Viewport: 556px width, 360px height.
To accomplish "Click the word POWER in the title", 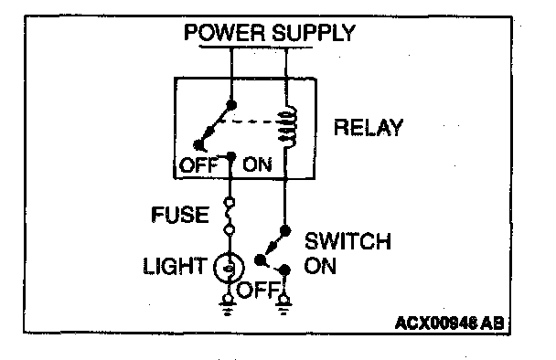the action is (x=224, y=33).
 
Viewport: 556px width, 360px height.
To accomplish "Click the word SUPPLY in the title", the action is (x=314, y=33).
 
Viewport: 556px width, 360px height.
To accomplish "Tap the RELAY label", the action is (x=369, y=128).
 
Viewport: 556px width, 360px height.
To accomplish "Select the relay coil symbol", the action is (x=288, y=126).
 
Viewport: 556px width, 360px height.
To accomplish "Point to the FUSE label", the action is (x=180, y=215).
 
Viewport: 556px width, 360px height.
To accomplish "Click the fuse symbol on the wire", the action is (x=230, y=217).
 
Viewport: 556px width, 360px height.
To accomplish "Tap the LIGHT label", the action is (x=175, y=266).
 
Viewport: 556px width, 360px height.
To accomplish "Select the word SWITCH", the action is (x=347, y=241).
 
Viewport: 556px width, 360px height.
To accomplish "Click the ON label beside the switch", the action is (x=320, y=266).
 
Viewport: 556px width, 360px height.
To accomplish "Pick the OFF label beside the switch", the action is (x=258, y=290).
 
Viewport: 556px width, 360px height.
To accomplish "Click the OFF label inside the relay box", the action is (x=198, y=165).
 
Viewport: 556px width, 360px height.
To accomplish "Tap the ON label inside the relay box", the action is (x=258, y=165).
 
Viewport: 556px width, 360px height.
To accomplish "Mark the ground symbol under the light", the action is (x=228, y=305).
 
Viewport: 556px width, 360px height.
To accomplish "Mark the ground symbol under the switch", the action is (x=283, y=305).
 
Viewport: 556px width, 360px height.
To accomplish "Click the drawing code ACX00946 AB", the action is (x=449, y=323).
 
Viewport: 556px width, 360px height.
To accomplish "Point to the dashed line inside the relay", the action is (x=248, y=122).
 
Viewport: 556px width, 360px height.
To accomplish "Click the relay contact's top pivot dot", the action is (x=231, y=105).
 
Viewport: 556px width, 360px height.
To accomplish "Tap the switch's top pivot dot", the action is (x=285, y=231).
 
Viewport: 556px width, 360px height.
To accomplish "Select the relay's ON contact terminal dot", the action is (x=230, y=156).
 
